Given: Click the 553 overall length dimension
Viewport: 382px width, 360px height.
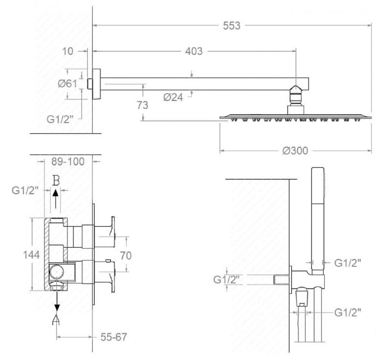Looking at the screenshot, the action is coord(232,26).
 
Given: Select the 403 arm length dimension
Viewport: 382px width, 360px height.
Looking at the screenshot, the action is coord(194,51).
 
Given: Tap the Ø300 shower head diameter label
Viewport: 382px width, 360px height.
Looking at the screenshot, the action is coord(295,151).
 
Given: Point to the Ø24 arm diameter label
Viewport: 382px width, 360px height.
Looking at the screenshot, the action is coord(173,98).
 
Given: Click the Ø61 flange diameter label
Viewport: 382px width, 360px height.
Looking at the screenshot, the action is coord(67,84).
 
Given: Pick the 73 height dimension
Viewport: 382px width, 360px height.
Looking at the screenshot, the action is coord(142,105).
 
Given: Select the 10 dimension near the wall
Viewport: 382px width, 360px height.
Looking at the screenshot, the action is coord(67,51).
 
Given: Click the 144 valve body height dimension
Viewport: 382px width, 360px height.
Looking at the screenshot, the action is coord(32,255).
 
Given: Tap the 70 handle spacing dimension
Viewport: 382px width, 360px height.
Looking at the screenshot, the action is coord(126,256).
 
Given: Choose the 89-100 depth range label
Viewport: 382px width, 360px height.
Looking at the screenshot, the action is coord(68,162).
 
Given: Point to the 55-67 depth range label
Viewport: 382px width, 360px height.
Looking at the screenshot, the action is coord(114,337).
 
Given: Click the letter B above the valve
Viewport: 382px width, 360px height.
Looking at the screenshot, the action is coord(56,181).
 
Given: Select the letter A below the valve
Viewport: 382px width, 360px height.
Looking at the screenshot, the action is coord(56,319).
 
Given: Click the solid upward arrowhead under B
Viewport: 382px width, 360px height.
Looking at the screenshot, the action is coord(56,193).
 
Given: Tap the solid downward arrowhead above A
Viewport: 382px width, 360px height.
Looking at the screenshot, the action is coord(57,307).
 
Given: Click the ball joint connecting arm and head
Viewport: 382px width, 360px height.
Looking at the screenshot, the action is coord(296,94).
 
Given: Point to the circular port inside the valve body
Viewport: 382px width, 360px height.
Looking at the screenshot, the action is coord(57,272).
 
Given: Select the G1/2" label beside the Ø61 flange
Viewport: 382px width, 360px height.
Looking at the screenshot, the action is coord(60,119).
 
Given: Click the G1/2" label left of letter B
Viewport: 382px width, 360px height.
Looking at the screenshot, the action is coord(25,190).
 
